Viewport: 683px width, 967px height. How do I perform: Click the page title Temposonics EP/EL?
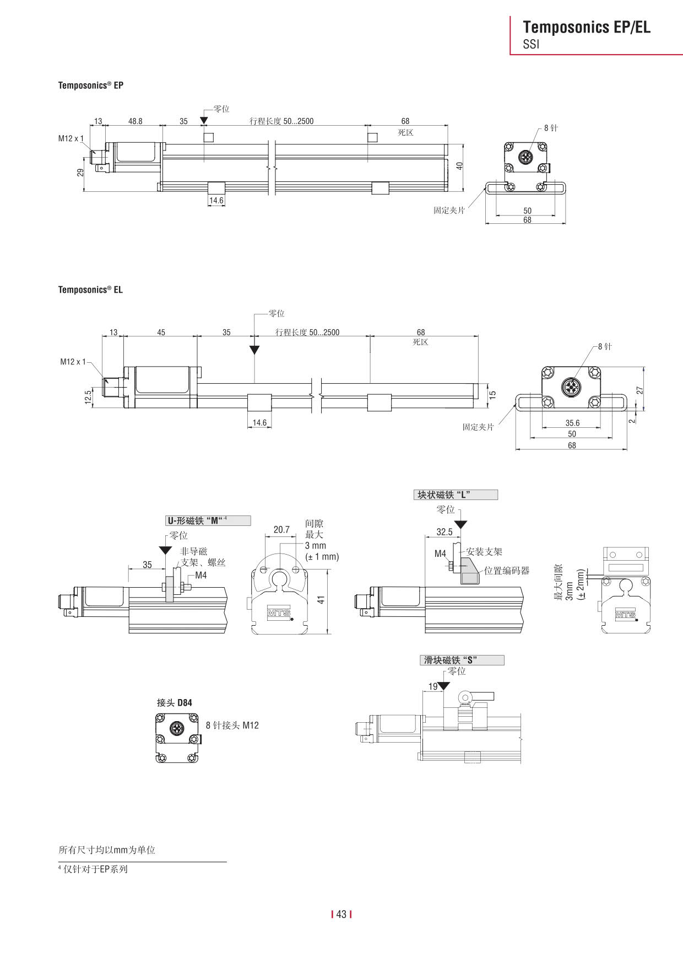tap(586, 27)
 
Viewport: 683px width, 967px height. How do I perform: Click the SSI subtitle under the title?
tap(531, 45)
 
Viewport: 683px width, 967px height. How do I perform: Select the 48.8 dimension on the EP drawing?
tap(135, 121)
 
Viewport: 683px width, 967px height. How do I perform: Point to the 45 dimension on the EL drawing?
tap(161, 332)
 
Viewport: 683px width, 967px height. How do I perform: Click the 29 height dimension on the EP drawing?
tap(80, 173)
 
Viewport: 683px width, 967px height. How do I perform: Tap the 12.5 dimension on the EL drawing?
tap(88, 397)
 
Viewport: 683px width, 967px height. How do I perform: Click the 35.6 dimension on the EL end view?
tap(572, 423)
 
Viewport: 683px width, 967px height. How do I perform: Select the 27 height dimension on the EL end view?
tap(639, 390)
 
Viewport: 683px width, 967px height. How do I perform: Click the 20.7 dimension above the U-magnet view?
tap(281, 529)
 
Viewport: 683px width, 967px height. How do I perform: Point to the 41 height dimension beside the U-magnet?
tap(322, 599)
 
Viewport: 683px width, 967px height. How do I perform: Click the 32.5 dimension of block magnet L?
tap(444, 531)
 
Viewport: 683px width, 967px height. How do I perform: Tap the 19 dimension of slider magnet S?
tap(433, 686)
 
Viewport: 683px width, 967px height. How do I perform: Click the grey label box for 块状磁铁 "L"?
tap(456, 495)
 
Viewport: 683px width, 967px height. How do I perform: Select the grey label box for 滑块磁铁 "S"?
tap(462, 660)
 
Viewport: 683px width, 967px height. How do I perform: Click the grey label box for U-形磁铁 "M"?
tap(209, 520)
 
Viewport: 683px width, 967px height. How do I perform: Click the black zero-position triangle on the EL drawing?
tap(254, 350)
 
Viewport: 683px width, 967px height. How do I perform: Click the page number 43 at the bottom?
tap(341, 914)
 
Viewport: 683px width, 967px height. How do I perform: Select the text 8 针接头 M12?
tap(232, 725)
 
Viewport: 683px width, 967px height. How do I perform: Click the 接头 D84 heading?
tap(175, 702)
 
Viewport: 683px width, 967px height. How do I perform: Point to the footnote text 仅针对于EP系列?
tap(95, 869)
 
